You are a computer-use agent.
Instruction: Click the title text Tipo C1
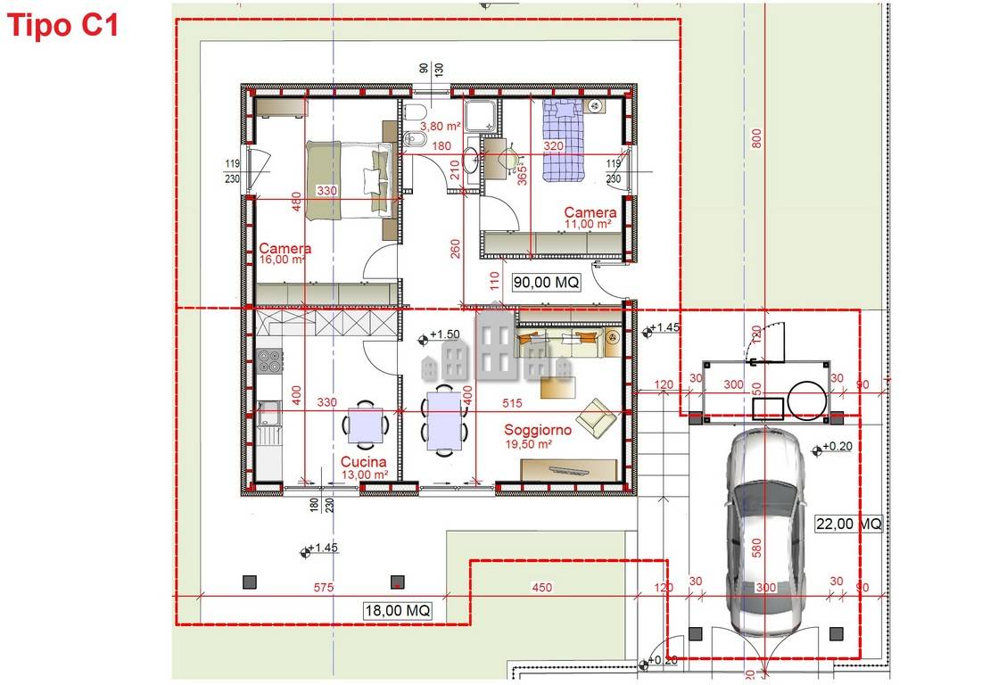click(x=62, y=26)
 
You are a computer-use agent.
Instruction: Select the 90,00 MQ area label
click(x=547, y=282)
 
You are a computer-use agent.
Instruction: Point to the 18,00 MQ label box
click(x=398, y=611)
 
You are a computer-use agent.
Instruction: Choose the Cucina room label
click(x=363, y=462)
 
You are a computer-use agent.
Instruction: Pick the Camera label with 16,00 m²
click(x=285, y=249)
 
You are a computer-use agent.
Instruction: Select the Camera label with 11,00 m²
click(x=589, y=213)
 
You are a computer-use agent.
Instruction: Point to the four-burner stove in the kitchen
click(x=269, y=361)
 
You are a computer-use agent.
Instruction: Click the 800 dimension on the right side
click(x=757, y=138)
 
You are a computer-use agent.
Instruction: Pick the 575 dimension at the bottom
click(x=323, y=587)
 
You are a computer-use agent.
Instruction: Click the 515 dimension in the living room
click(x=512, y=403)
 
